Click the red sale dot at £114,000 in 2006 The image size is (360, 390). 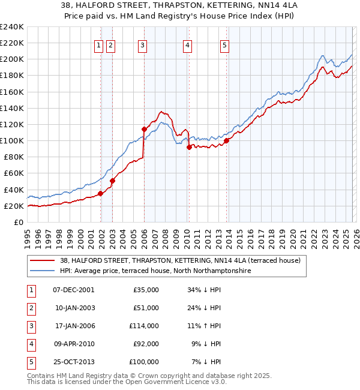[x=144, y=129]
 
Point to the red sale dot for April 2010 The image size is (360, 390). [x=189, y=147]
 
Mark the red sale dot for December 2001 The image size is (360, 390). [x=100, y=193]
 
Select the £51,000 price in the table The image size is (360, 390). [x=146, y=308]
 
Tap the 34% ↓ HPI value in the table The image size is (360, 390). [x=205, y=290]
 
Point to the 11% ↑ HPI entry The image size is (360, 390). [x=205, y=326]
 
